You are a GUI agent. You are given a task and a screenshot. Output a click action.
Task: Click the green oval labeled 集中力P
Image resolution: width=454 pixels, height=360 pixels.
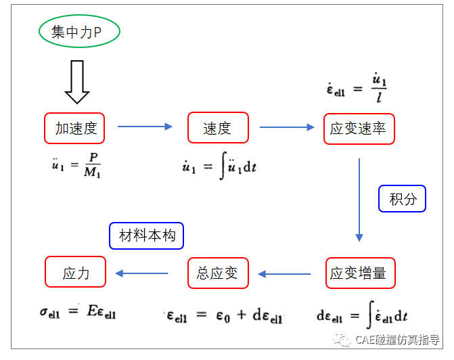(80, 32)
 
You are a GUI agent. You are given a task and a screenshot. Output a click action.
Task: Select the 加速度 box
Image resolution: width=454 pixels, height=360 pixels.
(75, 128)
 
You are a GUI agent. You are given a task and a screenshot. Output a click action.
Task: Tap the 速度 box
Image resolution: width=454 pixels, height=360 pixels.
(217, 128)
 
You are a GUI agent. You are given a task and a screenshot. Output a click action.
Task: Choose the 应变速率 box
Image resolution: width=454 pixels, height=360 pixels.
(359, 128)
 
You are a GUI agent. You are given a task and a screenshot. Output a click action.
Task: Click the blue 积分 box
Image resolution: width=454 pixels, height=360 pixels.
(402, 199)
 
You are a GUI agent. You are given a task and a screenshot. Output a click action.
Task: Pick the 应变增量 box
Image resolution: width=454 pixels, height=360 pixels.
(359, 273)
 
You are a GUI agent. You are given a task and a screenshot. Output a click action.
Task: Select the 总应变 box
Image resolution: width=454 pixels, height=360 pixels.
(217, 273)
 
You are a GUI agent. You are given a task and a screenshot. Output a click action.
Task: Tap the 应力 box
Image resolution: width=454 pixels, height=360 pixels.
(76, 273)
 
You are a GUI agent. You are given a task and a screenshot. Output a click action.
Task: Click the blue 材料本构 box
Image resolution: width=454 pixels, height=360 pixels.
(147, 235)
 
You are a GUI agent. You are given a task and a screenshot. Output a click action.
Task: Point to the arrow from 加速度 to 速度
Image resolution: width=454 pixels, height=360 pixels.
(145, 127)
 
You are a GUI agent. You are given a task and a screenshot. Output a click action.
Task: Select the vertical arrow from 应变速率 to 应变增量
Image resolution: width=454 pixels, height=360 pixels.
(359, 200)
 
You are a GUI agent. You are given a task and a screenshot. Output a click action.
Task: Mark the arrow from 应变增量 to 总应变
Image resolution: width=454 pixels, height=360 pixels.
(284, 274)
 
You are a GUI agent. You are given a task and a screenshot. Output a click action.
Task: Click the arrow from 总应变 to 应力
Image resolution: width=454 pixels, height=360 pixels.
(142, 273)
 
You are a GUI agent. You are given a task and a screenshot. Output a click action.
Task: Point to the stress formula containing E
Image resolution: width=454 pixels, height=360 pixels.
(78, 313)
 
